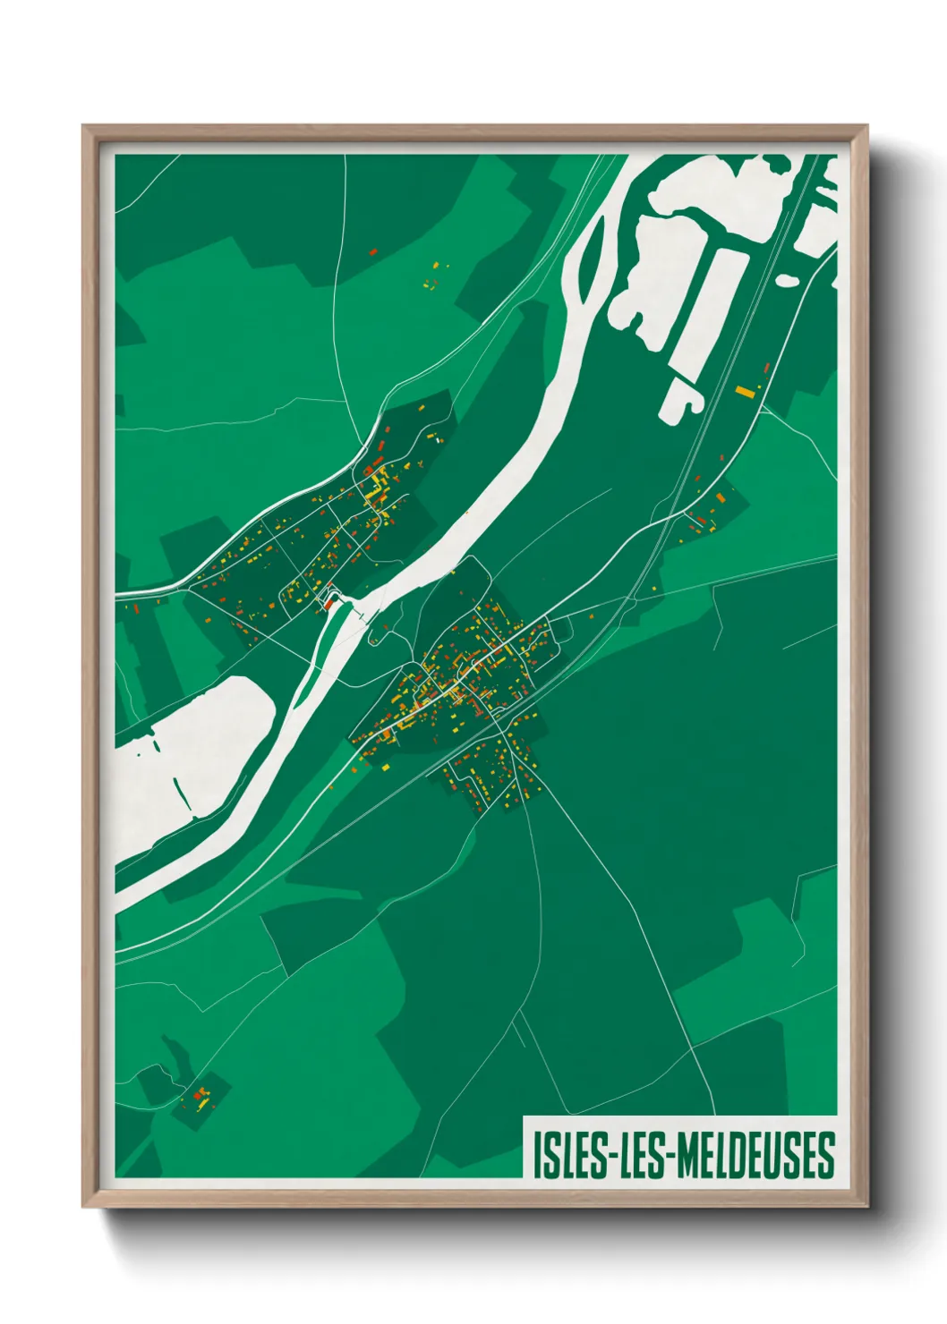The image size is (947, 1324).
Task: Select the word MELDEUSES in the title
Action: pos(756,1156)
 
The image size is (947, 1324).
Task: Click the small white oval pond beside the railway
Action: pos(787,280)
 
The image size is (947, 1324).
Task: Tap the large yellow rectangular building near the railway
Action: pos(745,391)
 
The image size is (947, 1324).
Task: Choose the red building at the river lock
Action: pos(328,605)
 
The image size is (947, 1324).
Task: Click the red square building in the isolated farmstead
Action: pos(200,1092)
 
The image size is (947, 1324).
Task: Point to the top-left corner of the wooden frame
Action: pos(83,126)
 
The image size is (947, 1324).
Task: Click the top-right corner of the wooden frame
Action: pos(866,126)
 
